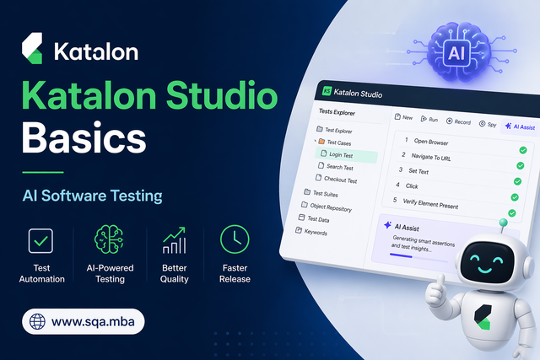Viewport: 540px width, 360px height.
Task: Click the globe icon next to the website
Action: click(x=37, y=321)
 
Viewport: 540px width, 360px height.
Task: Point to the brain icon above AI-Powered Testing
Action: click(x=109, y=239)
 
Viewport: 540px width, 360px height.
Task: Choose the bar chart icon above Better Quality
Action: click(x=174, y=239)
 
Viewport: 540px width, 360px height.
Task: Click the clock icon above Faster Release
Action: click(x=235, y=239)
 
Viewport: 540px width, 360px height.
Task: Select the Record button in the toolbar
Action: click(x=459, y=121)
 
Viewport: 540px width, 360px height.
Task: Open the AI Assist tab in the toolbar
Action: click(x=516, y=126)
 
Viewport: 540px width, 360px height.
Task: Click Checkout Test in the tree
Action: click(x=340, y=180)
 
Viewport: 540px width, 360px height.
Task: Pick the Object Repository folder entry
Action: click(x=330, y=207)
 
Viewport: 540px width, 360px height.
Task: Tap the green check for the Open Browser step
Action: click(x=522, y=150)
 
